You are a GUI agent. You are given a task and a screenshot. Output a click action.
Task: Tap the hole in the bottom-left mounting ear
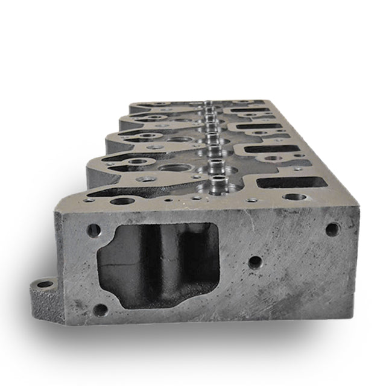45,283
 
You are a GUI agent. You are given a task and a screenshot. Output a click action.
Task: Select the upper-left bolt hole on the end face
93,230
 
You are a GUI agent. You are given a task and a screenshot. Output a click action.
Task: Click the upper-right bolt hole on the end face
332,229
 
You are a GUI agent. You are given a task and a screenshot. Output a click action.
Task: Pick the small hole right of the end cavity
255,262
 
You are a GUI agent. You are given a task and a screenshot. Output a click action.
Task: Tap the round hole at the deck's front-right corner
293,197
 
